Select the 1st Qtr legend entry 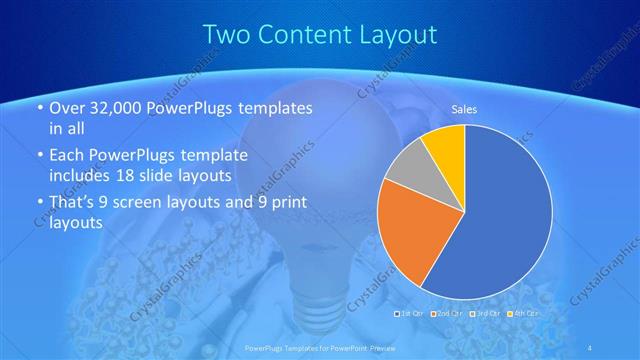point(412,313)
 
